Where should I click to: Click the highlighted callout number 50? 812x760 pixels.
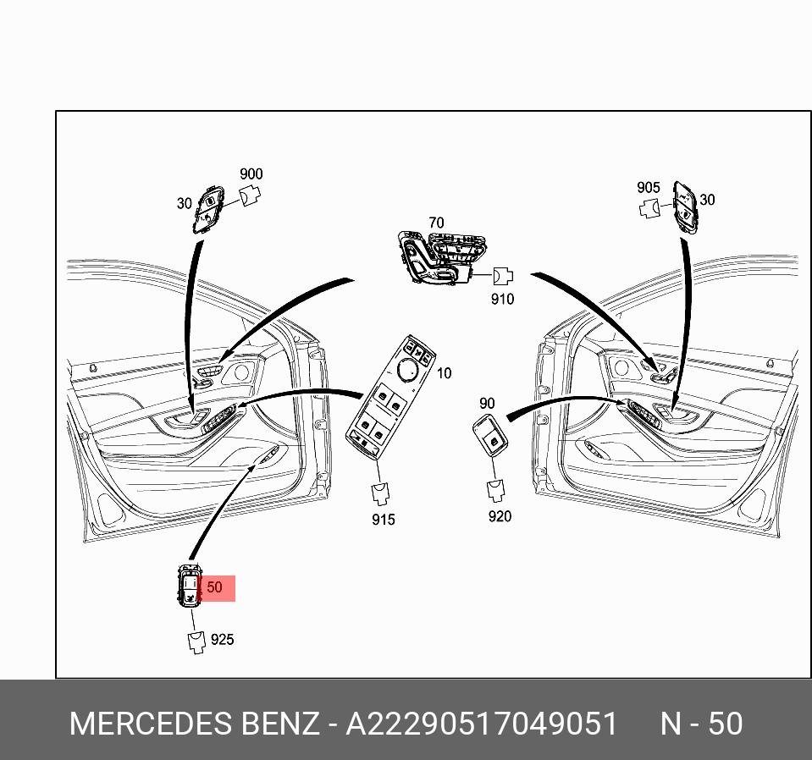214,587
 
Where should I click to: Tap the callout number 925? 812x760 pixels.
222,639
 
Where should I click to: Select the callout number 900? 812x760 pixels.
251,174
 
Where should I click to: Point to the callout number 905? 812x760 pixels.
649,187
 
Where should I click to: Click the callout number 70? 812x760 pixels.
437,223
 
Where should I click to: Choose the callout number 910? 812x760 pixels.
502,300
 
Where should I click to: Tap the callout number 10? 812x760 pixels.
445,373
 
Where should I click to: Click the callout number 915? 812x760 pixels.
384,520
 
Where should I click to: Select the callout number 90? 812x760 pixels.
487,403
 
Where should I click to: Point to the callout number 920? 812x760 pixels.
500,516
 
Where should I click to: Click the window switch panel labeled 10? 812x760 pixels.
390,397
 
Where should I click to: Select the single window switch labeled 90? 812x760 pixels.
490,435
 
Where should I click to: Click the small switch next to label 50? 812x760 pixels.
189,586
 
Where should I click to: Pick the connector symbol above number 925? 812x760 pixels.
196,642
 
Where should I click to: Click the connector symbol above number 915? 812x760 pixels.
381,493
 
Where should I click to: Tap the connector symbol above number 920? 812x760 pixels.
495,491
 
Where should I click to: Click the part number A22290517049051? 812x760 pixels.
481,724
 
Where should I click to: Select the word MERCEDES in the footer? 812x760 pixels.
151,724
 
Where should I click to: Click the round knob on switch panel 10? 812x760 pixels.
407,369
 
